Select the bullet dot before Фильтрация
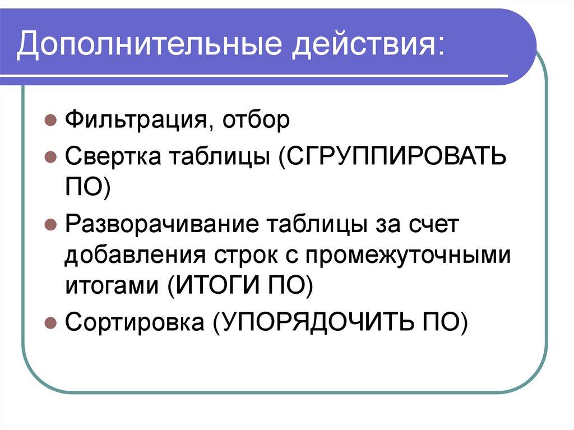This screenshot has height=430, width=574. coord(50,121)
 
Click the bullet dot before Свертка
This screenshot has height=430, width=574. coord(50,157)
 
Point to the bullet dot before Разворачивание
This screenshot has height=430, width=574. coord(50,225)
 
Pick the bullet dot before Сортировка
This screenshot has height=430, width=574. coord(50,323)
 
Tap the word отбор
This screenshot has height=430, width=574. coord(256,120)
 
